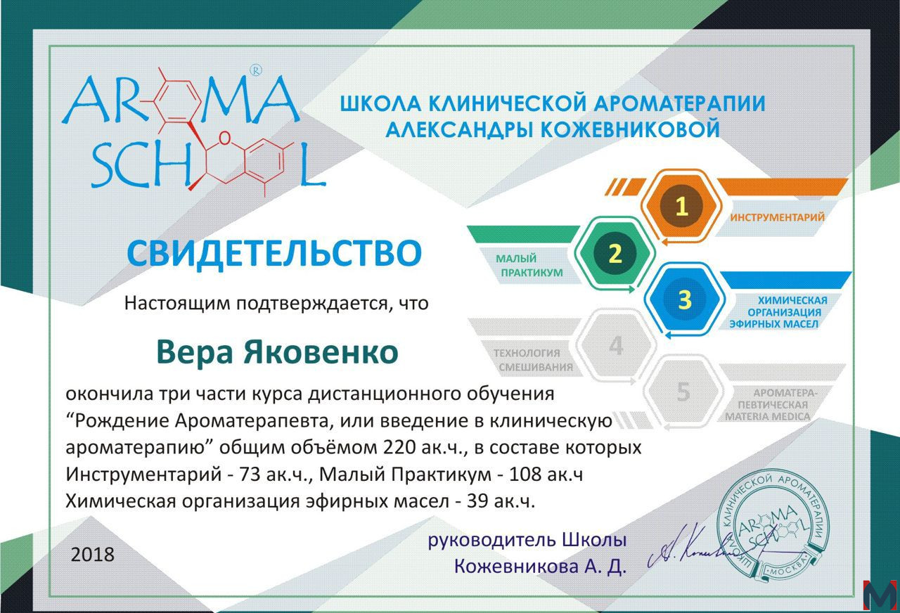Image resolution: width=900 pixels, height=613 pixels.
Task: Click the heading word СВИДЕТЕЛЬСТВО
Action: click(274, 252)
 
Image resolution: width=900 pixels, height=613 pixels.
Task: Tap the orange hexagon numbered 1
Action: click(681, 206)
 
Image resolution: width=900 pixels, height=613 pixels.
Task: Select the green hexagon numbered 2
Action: click(615, 254)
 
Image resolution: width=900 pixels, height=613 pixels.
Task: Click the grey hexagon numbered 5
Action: click(683, 392)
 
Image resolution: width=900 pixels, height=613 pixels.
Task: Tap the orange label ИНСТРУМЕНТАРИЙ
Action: click(778, 217)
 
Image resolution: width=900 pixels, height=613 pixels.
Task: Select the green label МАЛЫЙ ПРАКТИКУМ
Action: click(529, 265)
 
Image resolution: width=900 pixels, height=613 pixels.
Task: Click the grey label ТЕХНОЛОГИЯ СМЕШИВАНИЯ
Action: click(533, 360)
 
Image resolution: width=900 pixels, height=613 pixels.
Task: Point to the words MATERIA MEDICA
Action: click(767, 417)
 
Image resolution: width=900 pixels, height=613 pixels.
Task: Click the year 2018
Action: click(92, 555)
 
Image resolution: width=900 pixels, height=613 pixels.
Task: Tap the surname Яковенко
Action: click(321, 352)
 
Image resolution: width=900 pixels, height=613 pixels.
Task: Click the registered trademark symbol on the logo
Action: click(256, 71)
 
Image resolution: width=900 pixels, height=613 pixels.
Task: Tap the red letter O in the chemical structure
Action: click(225, 138)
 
